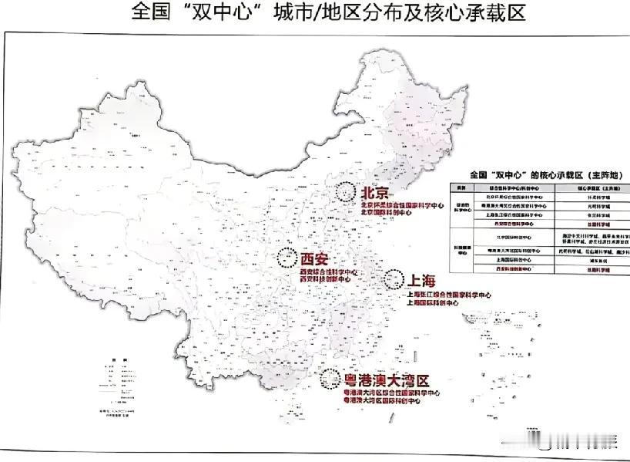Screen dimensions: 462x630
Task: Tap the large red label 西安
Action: coord(315,258)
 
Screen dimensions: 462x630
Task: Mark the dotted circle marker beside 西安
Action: coord(287,257)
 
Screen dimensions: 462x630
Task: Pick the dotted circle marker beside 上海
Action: coord(394,278)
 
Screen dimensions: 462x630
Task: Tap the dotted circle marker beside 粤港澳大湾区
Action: coord(330,378)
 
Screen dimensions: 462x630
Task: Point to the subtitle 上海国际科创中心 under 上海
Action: coord(441,303)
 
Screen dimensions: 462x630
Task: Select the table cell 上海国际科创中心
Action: coord(514,261)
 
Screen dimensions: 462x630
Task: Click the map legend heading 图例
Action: coord(114,361)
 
